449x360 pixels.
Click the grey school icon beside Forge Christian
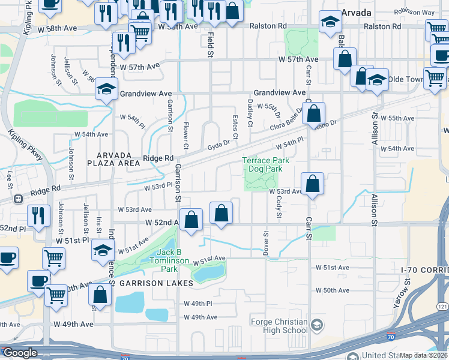pos(318,326)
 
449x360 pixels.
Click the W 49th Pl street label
pos(198,304)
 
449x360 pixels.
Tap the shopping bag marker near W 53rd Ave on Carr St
pos(313,184)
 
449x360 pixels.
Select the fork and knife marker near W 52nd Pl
pos(39,216)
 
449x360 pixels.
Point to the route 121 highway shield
pos(443,307)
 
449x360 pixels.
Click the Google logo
pos(19,353)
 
